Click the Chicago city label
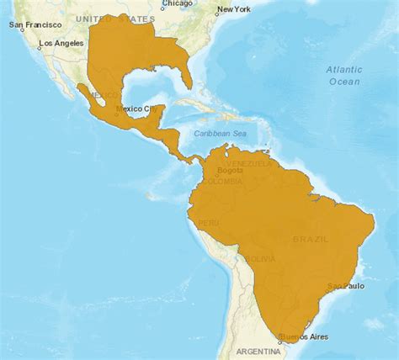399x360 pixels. (x=177, y=4)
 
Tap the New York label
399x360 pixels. (x=233, y=10)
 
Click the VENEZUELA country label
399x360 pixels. (x=249, y=163)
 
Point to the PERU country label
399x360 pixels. (x=207, y=224)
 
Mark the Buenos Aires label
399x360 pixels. (x=306, y=337)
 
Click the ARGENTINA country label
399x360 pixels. (x=258, y=349)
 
